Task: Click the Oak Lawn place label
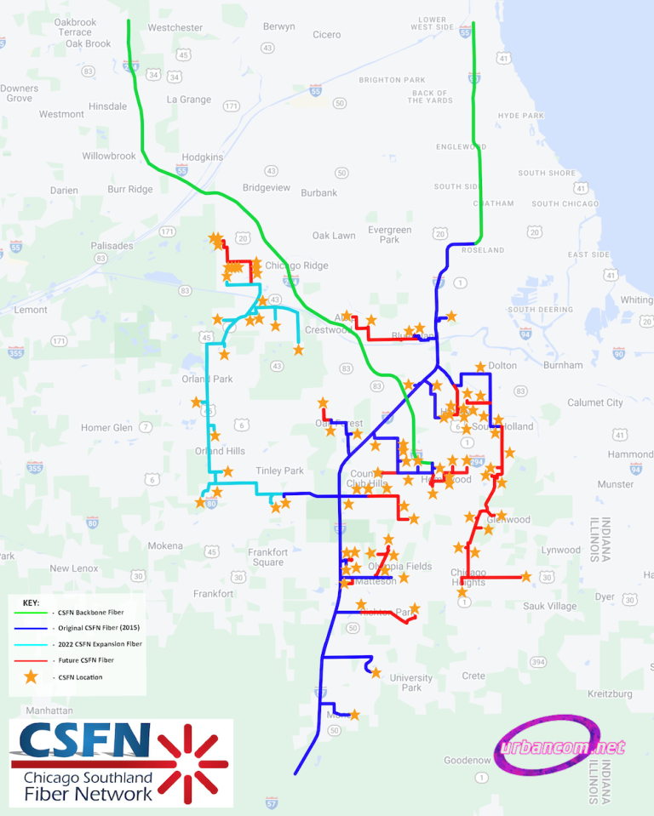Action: tap(333, 236)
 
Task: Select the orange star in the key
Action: tap(32, 677)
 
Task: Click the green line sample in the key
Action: tap(32, 612)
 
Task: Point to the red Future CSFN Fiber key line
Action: tap(32, 660)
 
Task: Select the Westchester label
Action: tap(175, 27)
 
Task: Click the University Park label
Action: tap(411, 682)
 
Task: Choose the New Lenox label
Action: tap(75, 568)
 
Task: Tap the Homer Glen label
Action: tap(106, 427)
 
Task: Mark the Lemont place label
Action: tap(31, 310)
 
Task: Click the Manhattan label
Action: tap(50, 709)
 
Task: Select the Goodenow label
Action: tap(443, 760)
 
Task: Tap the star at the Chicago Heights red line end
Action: tap(525, 577)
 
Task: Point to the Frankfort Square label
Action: tap(267, 557)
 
